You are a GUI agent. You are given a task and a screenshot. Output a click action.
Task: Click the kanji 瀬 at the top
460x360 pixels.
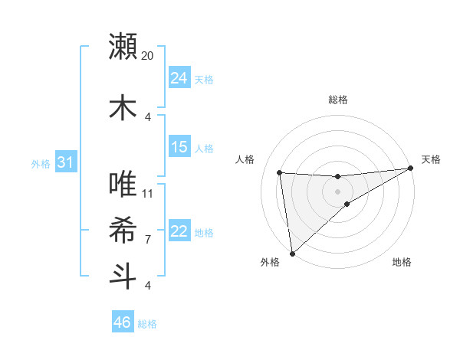tap(123, 47)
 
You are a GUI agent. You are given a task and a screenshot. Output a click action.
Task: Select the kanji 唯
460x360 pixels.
tap(123, 185)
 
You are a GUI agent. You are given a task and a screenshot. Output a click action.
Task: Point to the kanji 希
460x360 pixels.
tap(123, 230)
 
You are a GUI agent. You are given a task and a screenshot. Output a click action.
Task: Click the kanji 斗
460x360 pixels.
tap(123, 276)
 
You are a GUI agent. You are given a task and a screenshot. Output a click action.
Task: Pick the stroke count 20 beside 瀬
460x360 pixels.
tap(148, 56)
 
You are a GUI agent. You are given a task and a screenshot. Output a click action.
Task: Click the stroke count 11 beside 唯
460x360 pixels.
tap(148, 193)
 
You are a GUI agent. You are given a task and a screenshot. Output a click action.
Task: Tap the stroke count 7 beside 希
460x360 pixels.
tap(148, 240)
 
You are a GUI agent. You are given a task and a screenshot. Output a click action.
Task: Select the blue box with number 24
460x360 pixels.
tap(179, 78)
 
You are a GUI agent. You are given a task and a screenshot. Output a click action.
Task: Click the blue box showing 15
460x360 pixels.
tap(179, 147)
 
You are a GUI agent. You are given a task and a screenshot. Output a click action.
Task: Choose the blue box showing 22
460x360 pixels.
tap(179, 231)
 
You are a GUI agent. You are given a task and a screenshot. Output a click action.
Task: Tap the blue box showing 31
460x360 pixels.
tap(65, 162)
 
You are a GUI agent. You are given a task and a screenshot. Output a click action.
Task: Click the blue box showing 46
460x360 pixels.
tap(123, 322)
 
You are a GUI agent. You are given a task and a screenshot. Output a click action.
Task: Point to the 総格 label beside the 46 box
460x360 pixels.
tap(147, 324)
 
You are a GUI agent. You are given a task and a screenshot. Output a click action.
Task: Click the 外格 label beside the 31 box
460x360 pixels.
tap(41, 163)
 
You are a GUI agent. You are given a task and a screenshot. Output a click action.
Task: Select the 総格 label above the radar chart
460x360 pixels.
tap(338, 100)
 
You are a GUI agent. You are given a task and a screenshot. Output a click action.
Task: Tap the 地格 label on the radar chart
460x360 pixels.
tap(402, 263)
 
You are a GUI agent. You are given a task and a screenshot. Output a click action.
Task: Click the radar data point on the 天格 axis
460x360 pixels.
tap(411, 169)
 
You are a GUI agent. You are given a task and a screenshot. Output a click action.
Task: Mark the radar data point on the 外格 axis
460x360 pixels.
tap(292, 254)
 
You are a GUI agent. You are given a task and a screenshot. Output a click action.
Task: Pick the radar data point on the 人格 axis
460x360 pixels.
tap(280, 173)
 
